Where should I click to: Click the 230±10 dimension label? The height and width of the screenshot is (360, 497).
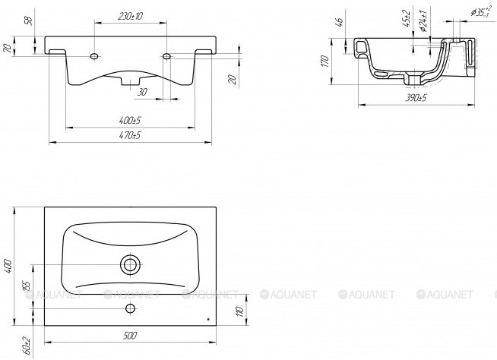point(130,16)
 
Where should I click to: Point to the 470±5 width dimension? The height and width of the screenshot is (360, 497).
point(130,135)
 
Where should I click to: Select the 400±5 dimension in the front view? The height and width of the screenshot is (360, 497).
point(130,121)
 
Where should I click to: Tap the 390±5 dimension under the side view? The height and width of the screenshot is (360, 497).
point(416,98)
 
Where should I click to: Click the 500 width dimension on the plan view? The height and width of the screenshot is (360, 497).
point(130,335)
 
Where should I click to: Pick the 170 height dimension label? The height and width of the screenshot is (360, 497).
point(324,61)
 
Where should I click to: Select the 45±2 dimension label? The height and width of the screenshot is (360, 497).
point(407,18)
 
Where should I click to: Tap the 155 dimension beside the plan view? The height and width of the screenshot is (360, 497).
point(27,286)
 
